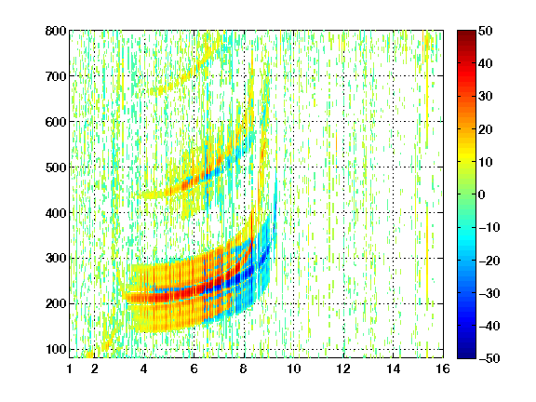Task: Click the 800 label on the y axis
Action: pyautogui.click(x=56, y=31)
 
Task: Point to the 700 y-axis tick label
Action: pyautogui.click(x=56, y=76)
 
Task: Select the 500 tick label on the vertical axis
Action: pyautogui.click(x=56, y=167)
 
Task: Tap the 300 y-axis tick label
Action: pyautogui.click(x=56, y=259)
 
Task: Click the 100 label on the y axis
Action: pyautogui.click(x=56, y=349)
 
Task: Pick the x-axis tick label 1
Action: pyautogui.click(x=70, y=368)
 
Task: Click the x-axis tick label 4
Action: pyautogui.click(x=144, y=368)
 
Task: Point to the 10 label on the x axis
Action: pyautogui.click(x=293, y=368)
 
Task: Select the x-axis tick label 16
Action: pyautogui.click(x=443, y=368)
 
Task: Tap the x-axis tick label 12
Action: pyautogui.click(x=343, y=368)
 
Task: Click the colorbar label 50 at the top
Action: pyautogui.click(x=485, y=31)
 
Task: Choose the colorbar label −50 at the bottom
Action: pyautogui.click(x=489, y=358)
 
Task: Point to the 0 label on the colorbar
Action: pyautogui.click(x=482, y=194)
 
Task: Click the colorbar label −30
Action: pyautogui.click(x=489, y=293)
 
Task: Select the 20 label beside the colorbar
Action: pyautogui.click(x=485, y=129)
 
